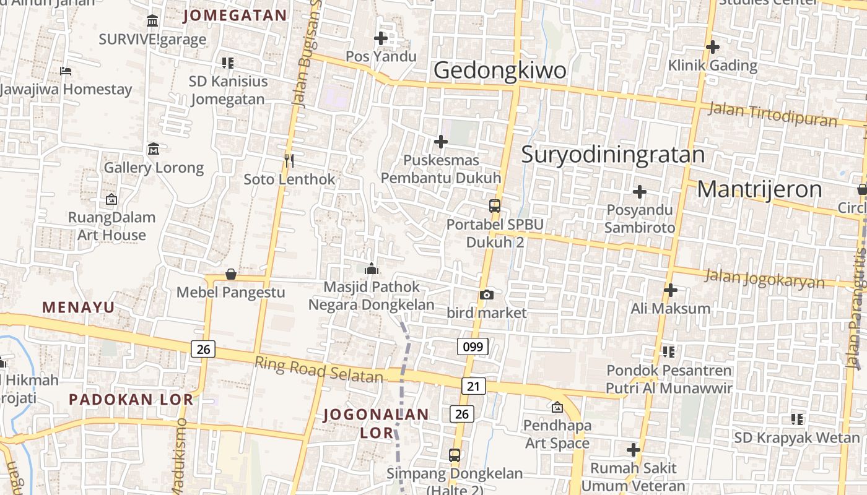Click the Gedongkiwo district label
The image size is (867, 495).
tap(500, 71)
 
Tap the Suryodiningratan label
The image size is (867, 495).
tap(612, 155)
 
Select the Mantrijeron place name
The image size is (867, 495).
tap(759, 189)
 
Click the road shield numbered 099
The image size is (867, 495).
tap(473, 346)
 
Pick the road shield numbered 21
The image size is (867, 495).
tap(473, 387)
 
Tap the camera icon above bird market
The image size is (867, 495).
tap(487, 295)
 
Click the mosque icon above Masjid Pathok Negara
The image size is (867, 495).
tap(372, 269)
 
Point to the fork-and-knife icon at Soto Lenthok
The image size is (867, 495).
tap(289, 161)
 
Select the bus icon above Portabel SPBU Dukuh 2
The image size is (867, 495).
tap(494, 206)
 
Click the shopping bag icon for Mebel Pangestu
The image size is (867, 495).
tap(231, 274)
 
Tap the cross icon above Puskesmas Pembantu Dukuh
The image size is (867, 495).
tap(440, 142)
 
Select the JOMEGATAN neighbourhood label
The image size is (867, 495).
tap(235, 15)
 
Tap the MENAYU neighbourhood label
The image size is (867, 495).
tap(79, 307)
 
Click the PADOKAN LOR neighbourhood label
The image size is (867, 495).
tap(131, 399)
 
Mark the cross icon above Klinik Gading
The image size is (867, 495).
tap(713, 46)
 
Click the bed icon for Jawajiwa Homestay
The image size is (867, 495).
tap(66, 71)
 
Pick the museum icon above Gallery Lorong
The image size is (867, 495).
tap(154, 149)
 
